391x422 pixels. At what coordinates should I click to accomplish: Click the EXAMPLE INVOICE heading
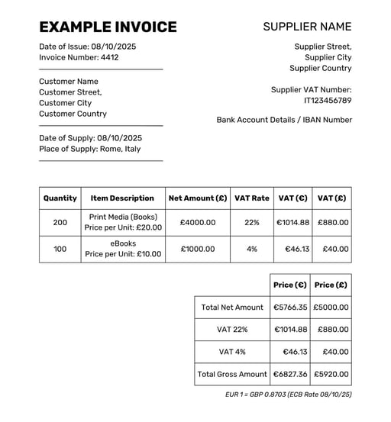click(x=108, y=27)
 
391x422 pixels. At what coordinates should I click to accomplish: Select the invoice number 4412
click(x=109, y=57)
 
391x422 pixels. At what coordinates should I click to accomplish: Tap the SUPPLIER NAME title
click(x=307, y=27)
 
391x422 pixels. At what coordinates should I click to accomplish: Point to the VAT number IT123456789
click(x=328, y=101)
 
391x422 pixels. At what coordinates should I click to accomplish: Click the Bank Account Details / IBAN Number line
click(x=284, y=120)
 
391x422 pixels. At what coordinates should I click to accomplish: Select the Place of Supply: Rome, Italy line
click(x=90, y=149)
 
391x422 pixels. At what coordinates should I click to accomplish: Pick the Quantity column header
click(x=60, y=198)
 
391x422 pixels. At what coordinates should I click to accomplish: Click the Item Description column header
click(x=122, y=198)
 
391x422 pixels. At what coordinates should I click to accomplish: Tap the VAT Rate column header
click(x=252, y=198)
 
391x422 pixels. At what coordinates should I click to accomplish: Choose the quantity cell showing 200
click(x=60, y=223)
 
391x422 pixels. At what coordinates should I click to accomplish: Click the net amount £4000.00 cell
click(x=198, y=223)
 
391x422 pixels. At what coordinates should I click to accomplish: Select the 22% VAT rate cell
click(x=252, y=223)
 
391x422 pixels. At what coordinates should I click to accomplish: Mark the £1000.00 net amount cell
click(x=198, y=249)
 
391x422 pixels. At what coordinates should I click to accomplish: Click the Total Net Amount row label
click(x=232, y=308)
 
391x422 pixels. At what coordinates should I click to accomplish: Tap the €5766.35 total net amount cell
click(x=290, y=308)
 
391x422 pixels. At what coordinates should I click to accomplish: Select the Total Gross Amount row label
click(x=232, y=375)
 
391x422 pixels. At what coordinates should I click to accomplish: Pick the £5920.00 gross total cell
click(x=331, y=375)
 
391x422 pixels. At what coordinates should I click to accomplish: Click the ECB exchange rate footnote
click(x=289, y=395)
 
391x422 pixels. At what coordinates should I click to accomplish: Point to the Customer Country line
click(x=73, y=114)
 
